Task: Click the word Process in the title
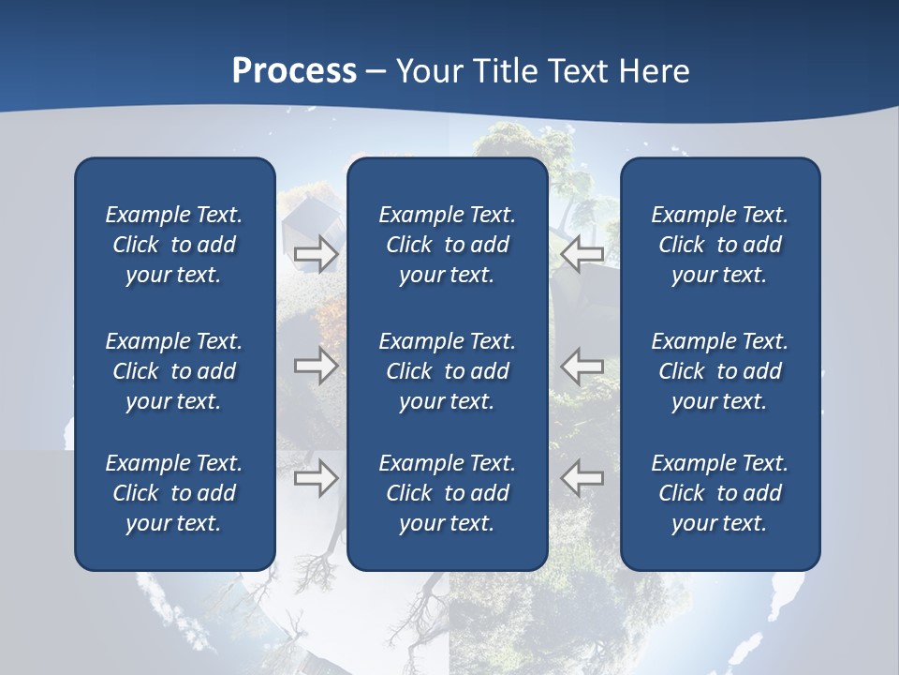[294, 71]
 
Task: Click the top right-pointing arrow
[317, 253]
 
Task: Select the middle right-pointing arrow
[317, 366]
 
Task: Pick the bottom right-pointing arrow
[317, 478]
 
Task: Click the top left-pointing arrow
[582, 253]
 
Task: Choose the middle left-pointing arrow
[582, 366]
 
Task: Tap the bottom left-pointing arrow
[582, 478]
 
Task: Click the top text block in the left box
[174, 245]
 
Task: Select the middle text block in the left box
[174, 371]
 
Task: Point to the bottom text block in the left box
[174, 493]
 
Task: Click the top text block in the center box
[448, 245]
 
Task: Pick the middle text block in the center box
[448, 371]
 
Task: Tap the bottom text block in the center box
[448, 493]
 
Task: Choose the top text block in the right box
[720, 245]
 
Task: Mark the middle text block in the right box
[720, 371]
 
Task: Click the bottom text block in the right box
[720, 493]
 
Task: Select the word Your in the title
[430, 71]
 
